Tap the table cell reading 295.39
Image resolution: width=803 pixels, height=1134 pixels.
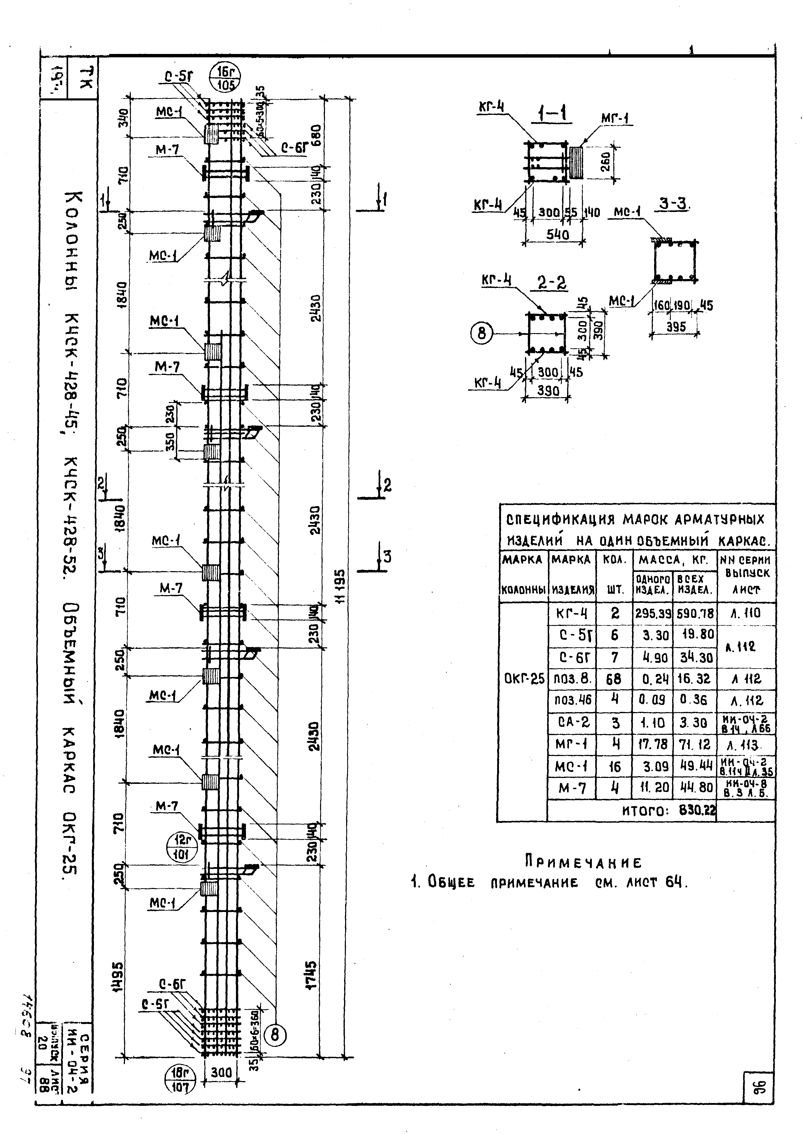[x=653, y=614]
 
